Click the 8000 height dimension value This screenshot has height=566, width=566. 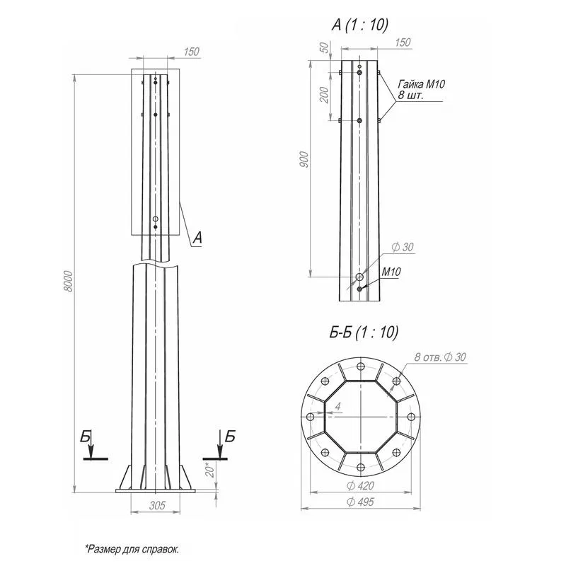click(x=68, y=282)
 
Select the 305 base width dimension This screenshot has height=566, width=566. click(x=157, y=505)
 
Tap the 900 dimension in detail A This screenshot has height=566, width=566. click(x=304, y=160)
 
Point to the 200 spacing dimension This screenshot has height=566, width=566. click(x=325, y=95)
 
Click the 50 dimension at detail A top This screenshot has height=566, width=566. click(x=325, y=47)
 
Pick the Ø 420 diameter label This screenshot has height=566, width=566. click(x=360, y=485)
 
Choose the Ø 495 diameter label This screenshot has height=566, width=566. click(x=360, y=502)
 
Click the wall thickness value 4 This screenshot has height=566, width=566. click(x=338, y=407)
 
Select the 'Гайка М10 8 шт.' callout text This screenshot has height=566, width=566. click(x=421, y=90)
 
